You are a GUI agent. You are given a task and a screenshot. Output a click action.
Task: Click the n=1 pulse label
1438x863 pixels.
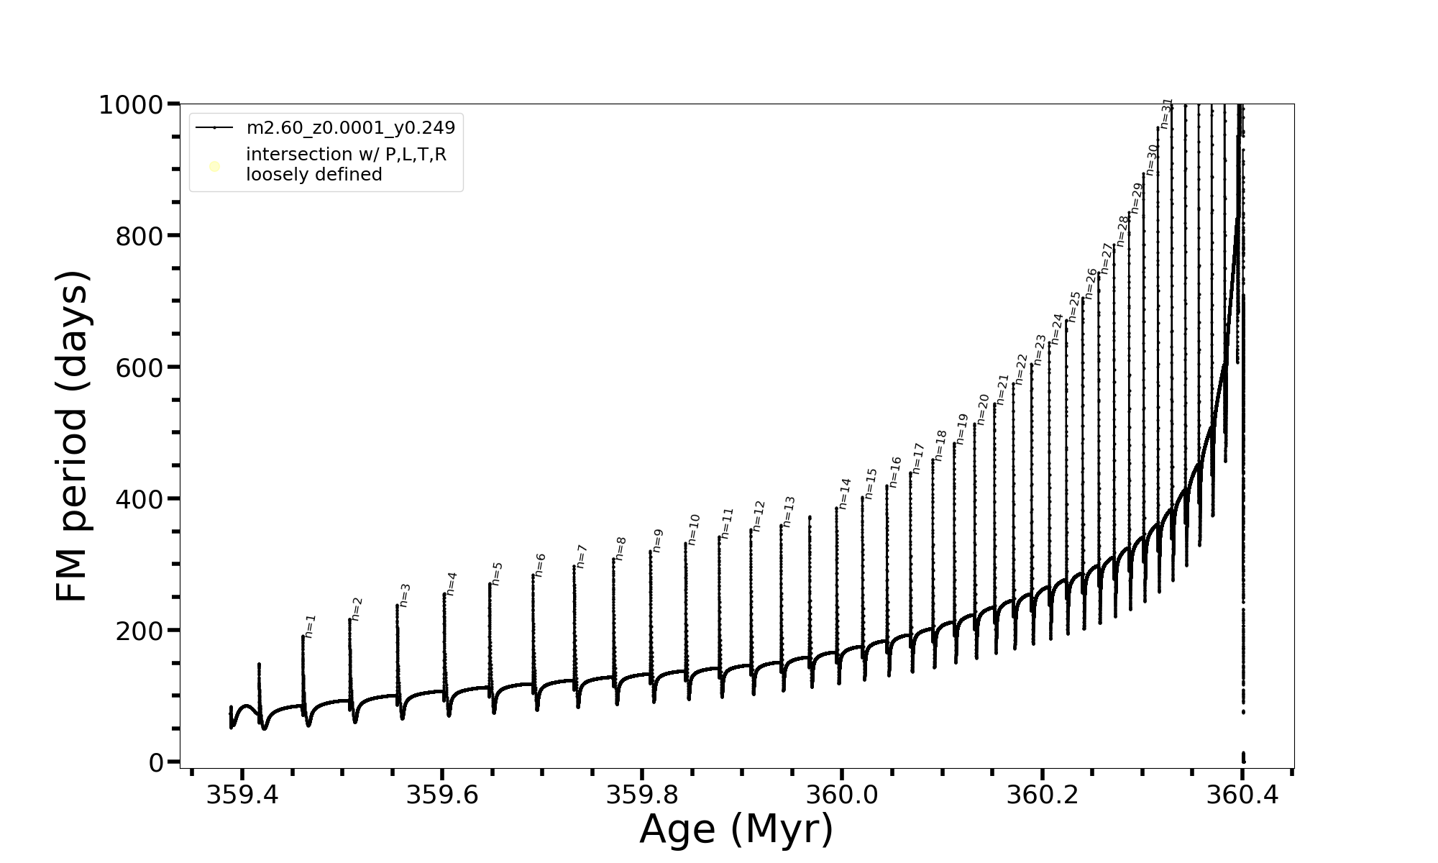click(x=310, y=626)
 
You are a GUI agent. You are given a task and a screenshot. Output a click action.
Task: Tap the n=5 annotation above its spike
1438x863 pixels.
click(x=497, y=573)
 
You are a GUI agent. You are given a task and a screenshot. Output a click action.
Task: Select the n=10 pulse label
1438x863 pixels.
click(x=693, y=529)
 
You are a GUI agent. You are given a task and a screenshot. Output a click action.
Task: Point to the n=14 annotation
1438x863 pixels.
click(x=844, y=493)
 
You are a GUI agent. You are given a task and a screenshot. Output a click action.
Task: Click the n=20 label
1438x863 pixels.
click(x=983, y=409)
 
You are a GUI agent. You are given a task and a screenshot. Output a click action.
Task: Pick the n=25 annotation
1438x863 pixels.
click(x=1074, y=306)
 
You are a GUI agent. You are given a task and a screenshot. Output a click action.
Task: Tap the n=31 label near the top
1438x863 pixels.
click(x=1166, y=114)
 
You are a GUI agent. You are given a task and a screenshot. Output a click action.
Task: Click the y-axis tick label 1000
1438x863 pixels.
click(x=132, y=106)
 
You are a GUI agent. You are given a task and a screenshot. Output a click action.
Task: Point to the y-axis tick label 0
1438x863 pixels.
click(x=157, y=763)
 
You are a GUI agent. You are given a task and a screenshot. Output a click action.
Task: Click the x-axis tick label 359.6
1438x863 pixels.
click(x=442, y=795)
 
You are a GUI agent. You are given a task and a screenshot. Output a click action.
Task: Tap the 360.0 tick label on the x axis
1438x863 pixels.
click(x=841, y=795)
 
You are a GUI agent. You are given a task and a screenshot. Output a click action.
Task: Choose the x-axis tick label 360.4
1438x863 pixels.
click(x=1242, y=795)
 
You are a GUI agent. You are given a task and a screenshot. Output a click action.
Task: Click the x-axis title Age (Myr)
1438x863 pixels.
click(x=736, y=830)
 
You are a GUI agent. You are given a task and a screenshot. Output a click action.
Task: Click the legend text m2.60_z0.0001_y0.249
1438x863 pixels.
click(x=351, y=128)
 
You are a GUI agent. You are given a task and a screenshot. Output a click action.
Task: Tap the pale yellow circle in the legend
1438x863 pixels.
click(x=214, y=167)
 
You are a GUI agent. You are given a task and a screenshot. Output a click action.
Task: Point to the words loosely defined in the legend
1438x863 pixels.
click(x=314, y=175)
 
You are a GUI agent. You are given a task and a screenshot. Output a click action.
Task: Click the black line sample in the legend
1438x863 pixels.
click(x=214, y=128)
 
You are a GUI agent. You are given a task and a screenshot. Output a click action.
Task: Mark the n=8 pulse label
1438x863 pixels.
click(x=620, y=548)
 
